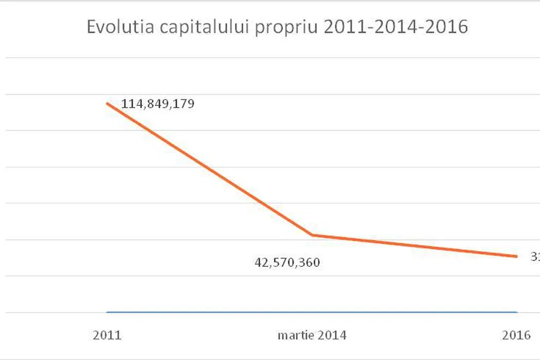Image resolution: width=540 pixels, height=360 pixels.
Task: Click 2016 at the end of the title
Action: (446, 27)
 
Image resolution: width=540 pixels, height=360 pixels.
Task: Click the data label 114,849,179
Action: (157, 104)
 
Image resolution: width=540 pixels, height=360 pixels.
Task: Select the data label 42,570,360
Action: (287, 263)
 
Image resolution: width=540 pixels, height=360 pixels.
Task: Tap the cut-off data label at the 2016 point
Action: (535, 256)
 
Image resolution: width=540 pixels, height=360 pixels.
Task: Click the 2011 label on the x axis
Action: (107, 336)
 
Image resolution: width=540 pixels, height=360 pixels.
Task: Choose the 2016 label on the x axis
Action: (516, 336)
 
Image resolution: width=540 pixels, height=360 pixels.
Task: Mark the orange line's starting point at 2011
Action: (107, 103)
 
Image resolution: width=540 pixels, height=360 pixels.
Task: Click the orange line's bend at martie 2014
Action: (312, 235)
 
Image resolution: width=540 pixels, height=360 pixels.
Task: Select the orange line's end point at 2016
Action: (516, 256)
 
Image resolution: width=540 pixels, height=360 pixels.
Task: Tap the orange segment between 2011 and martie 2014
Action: (210, 169)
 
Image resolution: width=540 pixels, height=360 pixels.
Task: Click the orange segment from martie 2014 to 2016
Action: (414, 246)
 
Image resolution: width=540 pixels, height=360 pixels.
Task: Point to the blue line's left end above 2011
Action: (107, 312)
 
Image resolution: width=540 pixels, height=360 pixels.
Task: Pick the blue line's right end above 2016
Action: (516, 312)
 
